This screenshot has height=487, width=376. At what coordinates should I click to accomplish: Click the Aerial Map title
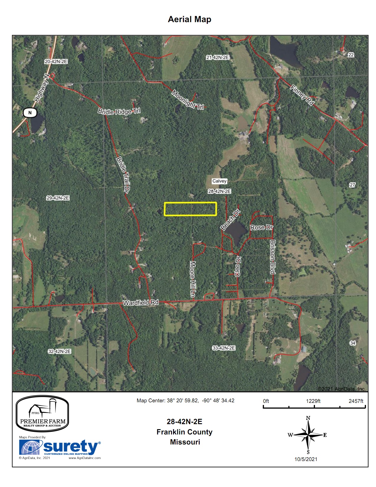pos(189,19)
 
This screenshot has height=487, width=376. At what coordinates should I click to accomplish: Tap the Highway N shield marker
pos(30,112)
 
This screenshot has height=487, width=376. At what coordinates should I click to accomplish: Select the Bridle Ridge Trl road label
pos(119,111)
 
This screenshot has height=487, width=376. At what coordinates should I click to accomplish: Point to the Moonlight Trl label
pos(188,100)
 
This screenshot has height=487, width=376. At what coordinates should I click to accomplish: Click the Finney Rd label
pos(302,95)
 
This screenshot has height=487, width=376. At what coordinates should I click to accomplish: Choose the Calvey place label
pos(219,181)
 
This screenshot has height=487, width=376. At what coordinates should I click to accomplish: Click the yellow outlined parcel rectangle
pos(190,209)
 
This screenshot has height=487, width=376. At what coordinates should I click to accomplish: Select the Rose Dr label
pos(261,227)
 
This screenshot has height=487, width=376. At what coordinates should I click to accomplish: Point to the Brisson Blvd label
pos(272,256)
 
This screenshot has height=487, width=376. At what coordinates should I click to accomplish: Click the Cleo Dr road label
pos(238,267)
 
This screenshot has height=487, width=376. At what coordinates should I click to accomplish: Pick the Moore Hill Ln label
pos(192,279)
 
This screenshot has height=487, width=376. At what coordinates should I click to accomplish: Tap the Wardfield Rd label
pos(141,303)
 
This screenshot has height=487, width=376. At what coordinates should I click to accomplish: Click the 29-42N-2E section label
pos(58,198)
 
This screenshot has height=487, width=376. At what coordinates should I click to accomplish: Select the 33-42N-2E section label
pos(224,348)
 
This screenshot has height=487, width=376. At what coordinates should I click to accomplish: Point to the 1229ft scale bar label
pos(313,401)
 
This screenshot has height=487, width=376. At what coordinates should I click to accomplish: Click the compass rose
pos(308,435)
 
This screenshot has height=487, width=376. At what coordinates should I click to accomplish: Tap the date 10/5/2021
pos(306,459)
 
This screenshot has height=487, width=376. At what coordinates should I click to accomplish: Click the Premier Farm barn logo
pos(42,414)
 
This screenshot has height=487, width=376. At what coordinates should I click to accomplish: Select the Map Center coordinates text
pos(185,401)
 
